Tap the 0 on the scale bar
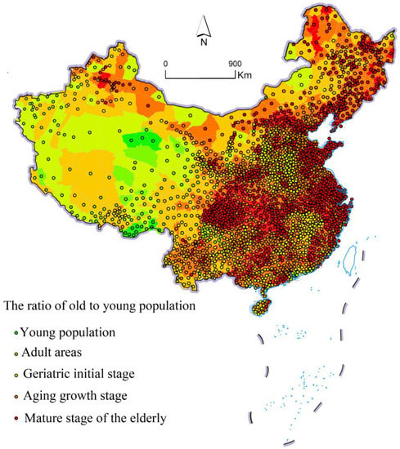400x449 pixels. (165, 63)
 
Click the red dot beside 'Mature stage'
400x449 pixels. (16, 420)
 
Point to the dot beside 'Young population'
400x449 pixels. (16, 333)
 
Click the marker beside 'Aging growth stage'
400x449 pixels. (16, 398)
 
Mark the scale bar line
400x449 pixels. (200, 76)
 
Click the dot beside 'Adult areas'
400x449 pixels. (16, 354)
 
